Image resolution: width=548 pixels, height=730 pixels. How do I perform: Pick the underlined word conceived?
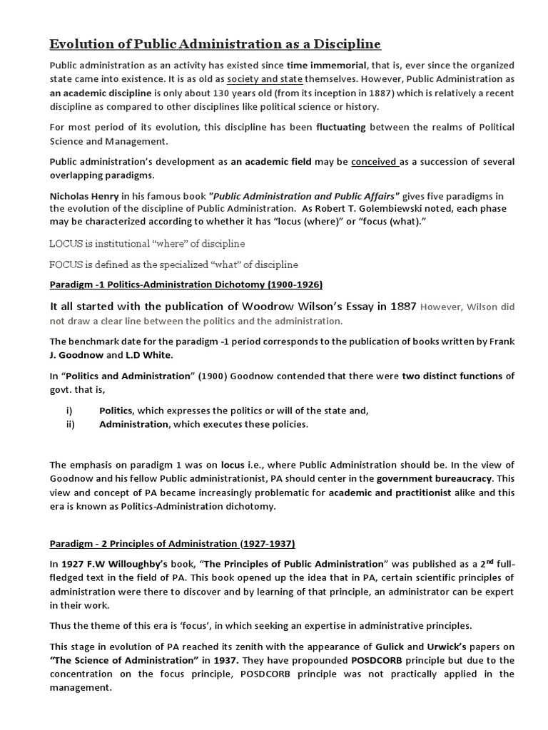point(375,161)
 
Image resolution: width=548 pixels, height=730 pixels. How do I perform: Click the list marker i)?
point(69,411)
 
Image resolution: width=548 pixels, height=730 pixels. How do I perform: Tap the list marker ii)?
point(70,425)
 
